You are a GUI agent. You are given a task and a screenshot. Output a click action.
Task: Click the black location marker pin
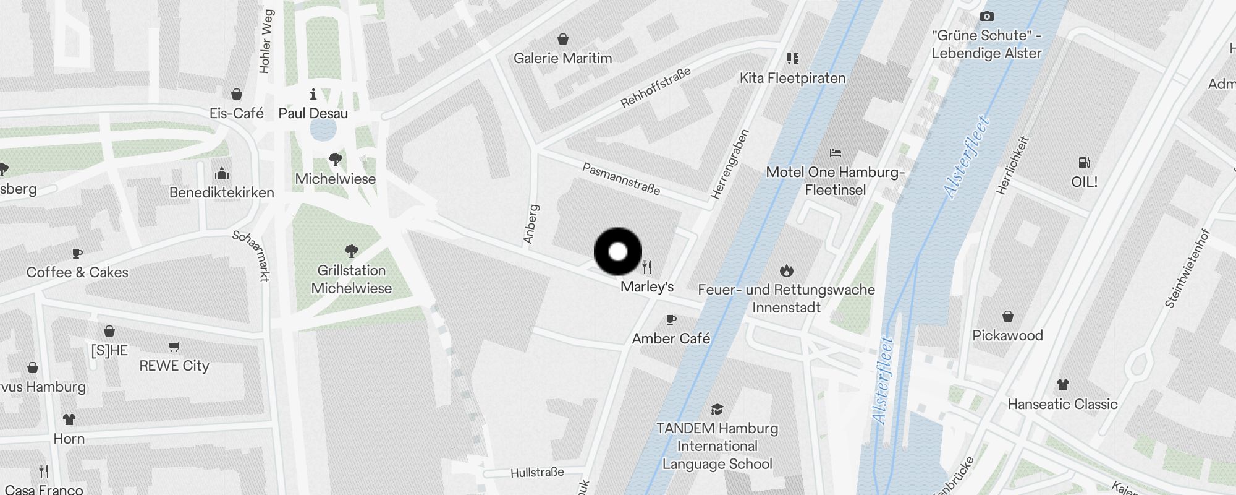(x=617, y=252)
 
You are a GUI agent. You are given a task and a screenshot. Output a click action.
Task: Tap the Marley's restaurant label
(x=646, y=286)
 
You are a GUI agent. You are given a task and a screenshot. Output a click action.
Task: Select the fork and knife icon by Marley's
(x=647, y=267)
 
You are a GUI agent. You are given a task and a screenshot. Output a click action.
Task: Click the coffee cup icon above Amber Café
(x=671, y=320)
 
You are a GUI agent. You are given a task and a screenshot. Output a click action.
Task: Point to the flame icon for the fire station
(x=786, y=270)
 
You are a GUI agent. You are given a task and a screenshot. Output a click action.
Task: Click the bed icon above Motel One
(x=836, y=152)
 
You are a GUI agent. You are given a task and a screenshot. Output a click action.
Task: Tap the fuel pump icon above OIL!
(x=1084, y=163)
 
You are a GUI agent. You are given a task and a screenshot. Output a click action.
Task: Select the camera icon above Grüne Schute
(x=986, y=16)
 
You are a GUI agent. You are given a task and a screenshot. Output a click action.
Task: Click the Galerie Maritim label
(x=562, y=58)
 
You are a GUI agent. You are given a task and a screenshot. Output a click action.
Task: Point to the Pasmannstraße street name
(x=621, y=178)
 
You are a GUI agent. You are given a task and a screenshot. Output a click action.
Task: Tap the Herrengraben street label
(x=730, y=164)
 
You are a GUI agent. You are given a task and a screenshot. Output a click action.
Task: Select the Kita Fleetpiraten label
(x=792, y=78)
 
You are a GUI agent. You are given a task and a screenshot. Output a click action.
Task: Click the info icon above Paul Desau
(x=313, y=94)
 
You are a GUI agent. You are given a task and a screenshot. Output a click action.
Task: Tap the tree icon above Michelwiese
(x=336, y=160)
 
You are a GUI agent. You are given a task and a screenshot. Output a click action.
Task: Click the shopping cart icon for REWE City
(x=174, y=346)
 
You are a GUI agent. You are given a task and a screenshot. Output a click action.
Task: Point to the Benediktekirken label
(x=221, y=192)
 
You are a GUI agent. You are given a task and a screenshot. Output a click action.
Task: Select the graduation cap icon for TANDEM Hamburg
(x=717, y=409)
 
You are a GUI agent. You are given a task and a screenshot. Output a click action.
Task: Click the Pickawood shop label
(x=1007, y=335)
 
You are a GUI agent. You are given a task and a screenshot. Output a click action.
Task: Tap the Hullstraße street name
(x=537, y=473)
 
